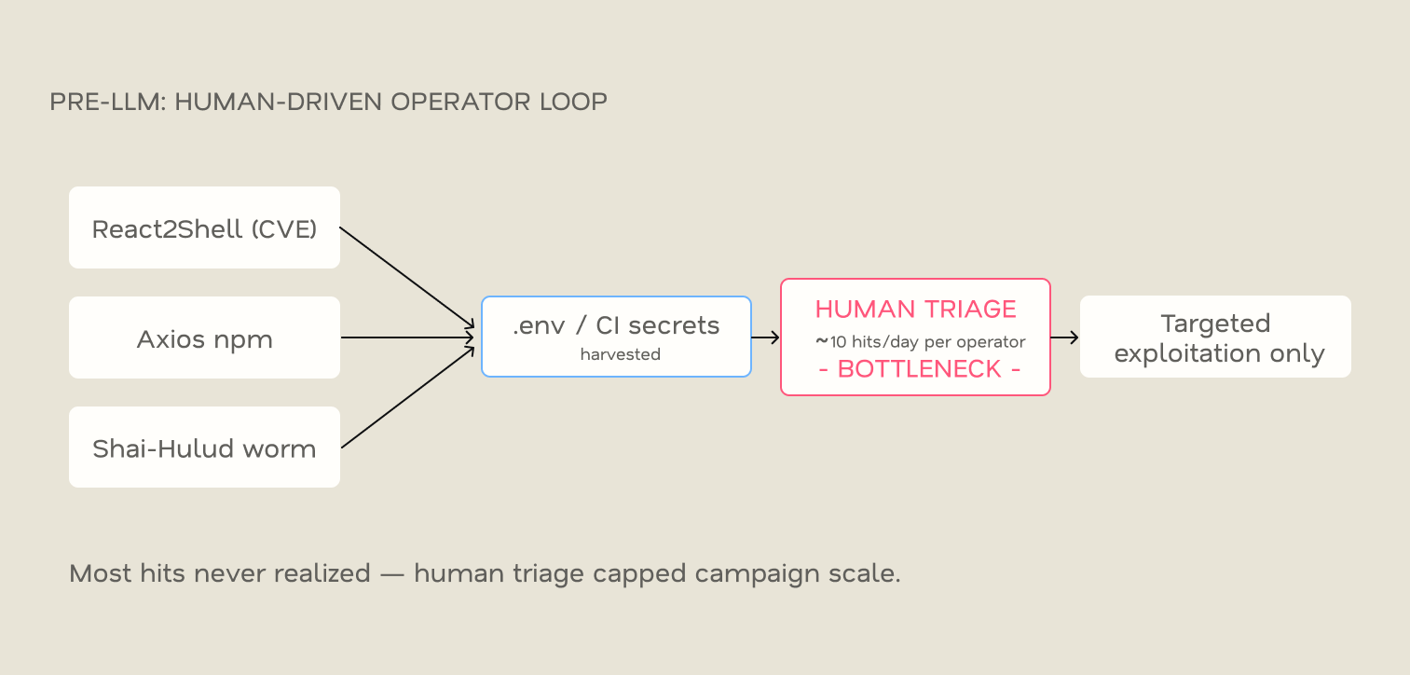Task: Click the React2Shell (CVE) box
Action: [x=205, y=227]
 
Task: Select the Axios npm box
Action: [x=205, y=337]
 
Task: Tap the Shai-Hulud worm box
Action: [x=205, y=448]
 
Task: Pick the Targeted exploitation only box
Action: [x=1215, y=337]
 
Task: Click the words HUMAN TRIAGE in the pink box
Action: [x=916, y=310]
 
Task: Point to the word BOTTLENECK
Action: [x=919, y=369]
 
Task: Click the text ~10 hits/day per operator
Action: [x=921, y=342]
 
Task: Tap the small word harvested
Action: [x=620, y=354]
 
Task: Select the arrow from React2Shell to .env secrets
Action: [x=407, y=278]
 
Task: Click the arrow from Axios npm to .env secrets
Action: [x=408, y=337]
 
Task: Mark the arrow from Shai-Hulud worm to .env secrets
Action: [x=408, y=397]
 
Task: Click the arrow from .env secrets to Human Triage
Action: [x=765, y=337]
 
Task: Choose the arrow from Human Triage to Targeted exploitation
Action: [x=1064, y=337]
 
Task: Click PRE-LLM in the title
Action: [x=108, y=102]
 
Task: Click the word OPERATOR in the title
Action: [x=460, y=102]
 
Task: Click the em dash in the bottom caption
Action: [x=392, y=574]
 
